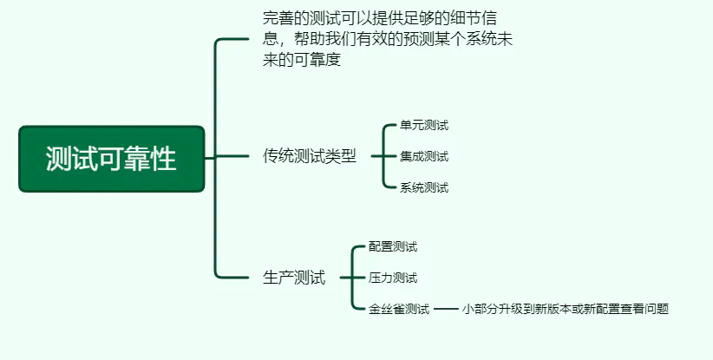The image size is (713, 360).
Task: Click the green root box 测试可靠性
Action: click(112, 159)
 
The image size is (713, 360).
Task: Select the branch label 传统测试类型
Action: click(309, 156)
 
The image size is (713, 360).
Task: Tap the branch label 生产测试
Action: click(294, 278)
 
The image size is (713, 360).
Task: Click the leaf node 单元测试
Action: click(424, 125)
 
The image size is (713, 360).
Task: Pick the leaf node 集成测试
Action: click(424, 156)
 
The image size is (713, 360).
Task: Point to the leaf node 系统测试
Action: click(424, 187)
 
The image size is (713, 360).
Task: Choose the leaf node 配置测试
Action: click(393, 247)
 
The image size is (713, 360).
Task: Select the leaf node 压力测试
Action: click(393, 278)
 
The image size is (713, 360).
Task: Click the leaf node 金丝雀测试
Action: click(399, 309)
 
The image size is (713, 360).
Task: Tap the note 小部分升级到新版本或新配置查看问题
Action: click(566, 309)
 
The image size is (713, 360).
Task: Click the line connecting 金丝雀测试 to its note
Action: click(446, 309)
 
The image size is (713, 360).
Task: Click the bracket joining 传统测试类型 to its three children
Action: click(383, 156)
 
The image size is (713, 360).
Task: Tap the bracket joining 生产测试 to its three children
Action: click(352, 278)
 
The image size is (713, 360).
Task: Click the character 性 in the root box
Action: click(163, 159)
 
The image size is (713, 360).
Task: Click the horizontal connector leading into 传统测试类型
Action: click(232, 156)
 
